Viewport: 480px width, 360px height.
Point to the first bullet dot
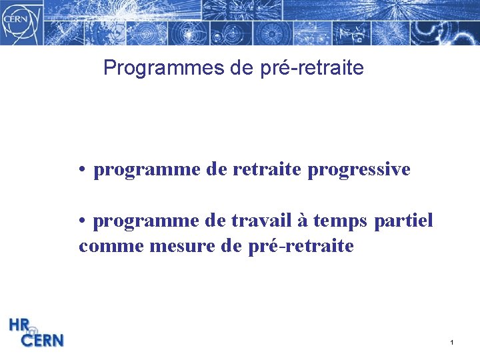click(x=80, y=170)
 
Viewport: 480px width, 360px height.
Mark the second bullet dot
click(x=80, y=221)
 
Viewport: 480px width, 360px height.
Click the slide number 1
click(x=451, y=343)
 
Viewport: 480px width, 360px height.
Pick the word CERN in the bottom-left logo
click(x=43, y=340)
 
